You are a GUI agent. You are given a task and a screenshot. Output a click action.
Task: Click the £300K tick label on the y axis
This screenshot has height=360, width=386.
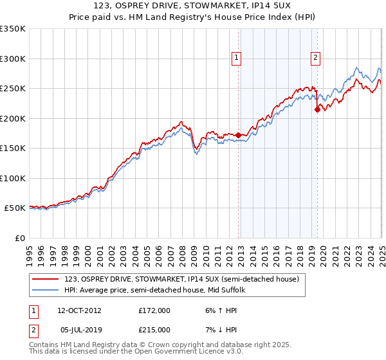(x=13, y=59)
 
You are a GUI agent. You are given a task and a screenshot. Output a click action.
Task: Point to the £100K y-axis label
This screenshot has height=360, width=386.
(x=13, y=178)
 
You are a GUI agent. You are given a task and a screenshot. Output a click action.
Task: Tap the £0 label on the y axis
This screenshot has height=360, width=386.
(x=20, y=238)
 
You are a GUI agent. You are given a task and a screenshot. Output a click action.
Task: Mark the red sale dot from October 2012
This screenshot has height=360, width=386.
(x=239, y=135)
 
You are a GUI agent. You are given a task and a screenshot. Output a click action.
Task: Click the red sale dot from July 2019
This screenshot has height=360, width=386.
(x=317, y=109)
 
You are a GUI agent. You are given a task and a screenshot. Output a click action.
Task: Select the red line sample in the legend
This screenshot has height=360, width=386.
(x=46, y=280)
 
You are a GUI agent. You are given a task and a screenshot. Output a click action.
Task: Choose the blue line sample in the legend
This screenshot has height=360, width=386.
(x=46, y=291)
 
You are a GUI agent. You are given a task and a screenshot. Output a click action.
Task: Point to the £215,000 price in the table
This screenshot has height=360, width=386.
(x=154, y=329)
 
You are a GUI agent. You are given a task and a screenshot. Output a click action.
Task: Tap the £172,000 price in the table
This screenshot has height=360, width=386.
(x=154, y=310)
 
